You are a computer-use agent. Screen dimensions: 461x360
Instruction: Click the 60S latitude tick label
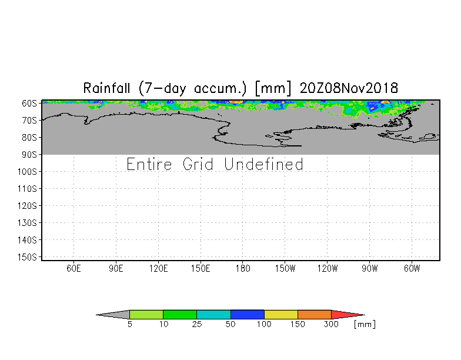(x=29, y=104)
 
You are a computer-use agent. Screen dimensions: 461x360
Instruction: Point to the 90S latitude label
(x=29, y=154)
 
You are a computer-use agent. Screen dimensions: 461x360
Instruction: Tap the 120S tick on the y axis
(x=27, y=206)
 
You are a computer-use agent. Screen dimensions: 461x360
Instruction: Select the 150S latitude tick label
(x=27, y=256)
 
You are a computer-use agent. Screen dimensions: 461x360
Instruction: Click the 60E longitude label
(x=74, y=268)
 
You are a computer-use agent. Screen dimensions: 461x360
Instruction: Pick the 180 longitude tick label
(x=243, y=268)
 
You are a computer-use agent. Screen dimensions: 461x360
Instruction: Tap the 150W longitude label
(x=285, y=268)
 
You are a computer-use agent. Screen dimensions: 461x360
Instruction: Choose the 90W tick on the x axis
(x=369, y=268)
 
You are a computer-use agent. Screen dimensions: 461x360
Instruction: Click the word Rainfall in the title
(x=106, y=88)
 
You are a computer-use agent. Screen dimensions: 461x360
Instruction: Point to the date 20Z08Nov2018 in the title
(x=349, y=88)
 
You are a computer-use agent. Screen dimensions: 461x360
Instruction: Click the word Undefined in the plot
(x=263, y=164)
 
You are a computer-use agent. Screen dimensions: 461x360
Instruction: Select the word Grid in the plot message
(x=198, y=164)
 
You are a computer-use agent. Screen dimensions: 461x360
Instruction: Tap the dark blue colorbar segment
(x=247, y=314)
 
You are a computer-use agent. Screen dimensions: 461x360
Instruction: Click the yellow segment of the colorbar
(x=281, y=314)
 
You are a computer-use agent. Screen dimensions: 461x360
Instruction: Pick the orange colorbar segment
(x=314, y=314)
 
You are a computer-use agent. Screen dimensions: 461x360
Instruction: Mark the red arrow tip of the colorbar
(x=365, y=315)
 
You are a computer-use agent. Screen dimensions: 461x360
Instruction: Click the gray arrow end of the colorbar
(x=96, y=315)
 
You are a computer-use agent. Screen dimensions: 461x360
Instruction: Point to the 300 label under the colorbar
(x=331, y=324)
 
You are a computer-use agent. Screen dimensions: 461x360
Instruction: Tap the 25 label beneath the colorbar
(x=196, y=324)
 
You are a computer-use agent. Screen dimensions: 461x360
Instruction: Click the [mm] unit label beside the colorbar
(x=365, y=324)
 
